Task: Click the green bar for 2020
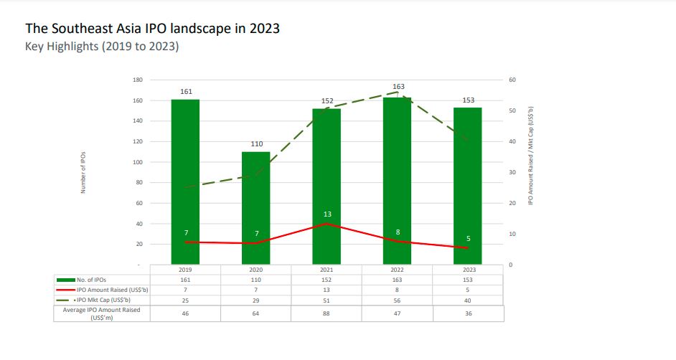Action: (256, 208)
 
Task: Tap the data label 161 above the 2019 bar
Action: (185, 92)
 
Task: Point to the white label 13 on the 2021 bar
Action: (327, 214)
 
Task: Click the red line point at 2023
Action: (468, 248)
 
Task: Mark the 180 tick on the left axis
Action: (137, 80)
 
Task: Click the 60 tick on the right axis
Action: (512, 80)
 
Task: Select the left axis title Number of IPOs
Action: (83, 172)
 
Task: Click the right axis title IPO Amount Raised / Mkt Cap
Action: (530, 156)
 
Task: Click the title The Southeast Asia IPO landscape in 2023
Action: (152, 29)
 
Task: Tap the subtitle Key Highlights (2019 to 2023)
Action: (102, 47)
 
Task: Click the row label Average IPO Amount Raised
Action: (101, 313)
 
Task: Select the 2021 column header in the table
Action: (327, 270)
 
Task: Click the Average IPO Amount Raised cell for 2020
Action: (256, 313)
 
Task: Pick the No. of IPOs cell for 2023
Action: (468, 280)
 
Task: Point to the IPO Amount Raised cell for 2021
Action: (327, 289)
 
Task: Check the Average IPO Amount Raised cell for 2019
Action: (185, 313)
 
